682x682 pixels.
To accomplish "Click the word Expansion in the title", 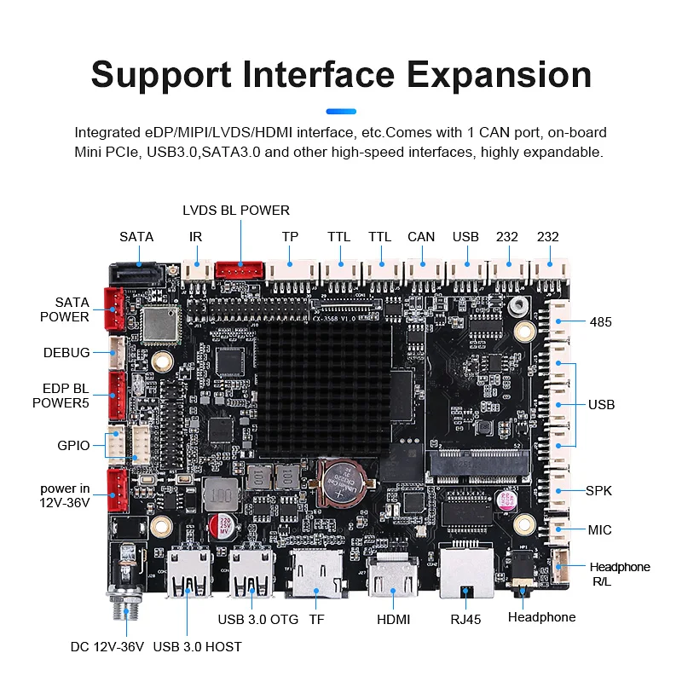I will tap(499, 75).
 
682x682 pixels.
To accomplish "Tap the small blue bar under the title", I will tap(341, 110).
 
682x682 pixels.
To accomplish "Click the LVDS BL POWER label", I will tap(236, 210).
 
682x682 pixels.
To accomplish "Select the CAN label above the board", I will tap(421, 237).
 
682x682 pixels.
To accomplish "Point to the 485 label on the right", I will tap(601, 322).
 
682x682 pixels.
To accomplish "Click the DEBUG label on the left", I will tap(66, 353).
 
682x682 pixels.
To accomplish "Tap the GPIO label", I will tap(72, 445).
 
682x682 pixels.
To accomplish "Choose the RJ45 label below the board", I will tap(465, 620).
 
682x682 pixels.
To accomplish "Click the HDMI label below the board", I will tap(394, 620).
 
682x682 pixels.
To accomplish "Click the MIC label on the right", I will tap(599, 530).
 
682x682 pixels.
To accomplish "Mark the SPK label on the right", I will tap(598, 491).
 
